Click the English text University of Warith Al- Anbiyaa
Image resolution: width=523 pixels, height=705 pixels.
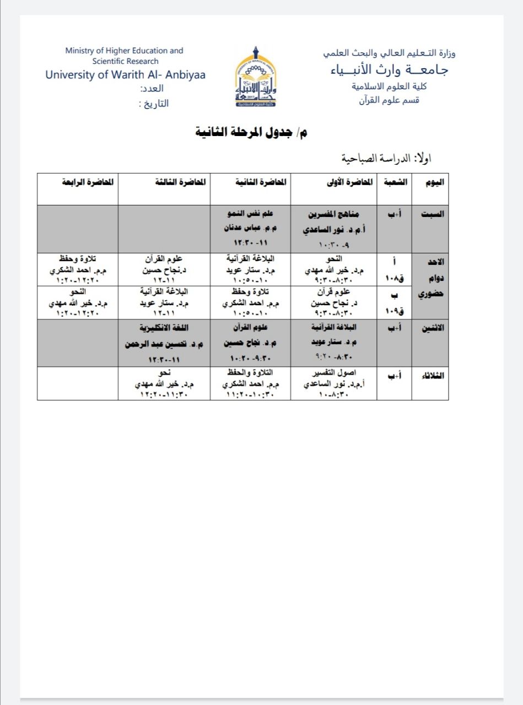tap(126, 75)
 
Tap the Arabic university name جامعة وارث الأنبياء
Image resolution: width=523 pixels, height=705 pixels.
tap(390, 70)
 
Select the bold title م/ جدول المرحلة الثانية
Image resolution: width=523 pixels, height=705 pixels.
tap(252, 133)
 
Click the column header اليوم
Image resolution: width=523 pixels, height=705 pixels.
tap(430, 182)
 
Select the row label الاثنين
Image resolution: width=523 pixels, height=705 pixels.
tap(430, 328)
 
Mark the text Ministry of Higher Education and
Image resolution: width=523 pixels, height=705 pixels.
tap(124, 51)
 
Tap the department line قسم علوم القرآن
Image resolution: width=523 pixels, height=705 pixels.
tap(389, 100)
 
